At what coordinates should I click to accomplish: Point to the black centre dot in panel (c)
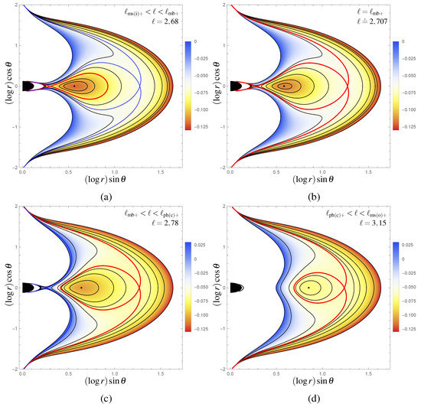tap(80, 288)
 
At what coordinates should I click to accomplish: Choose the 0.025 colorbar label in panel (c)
tap(197, 246)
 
